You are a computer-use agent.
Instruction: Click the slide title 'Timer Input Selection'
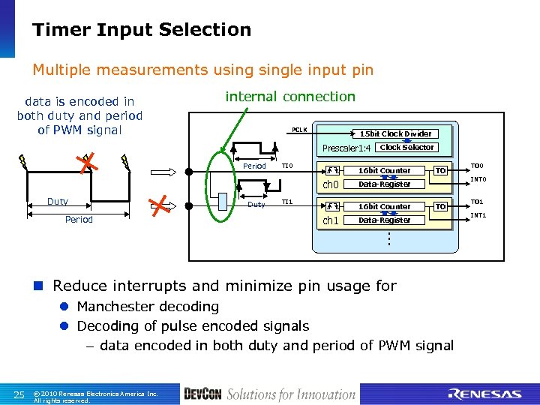(142, 30)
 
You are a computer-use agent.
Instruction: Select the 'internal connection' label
(290, 97)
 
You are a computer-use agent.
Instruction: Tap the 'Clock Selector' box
(406, 147)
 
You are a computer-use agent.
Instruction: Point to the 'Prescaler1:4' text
(346, 148)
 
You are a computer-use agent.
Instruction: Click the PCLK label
(299, 130)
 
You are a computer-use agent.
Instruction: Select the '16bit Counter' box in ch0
(384, 171)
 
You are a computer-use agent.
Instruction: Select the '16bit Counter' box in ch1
(384, 207)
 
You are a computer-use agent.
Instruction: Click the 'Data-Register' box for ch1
(384, 220)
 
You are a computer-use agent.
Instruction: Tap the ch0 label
(331, 184)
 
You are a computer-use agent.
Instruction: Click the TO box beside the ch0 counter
(442, 171)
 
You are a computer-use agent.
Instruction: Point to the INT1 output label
(478, 216)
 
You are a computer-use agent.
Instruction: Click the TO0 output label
(477, 166)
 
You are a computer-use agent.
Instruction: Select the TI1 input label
(286, 202)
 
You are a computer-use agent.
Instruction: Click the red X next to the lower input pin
(158, 205)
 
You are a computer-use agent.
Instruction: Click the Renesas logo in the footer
(484, 394)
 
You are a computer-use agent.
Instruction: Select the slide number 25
(19, 394)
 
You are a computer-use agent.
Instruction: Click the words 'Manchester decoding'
(148, 306)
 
